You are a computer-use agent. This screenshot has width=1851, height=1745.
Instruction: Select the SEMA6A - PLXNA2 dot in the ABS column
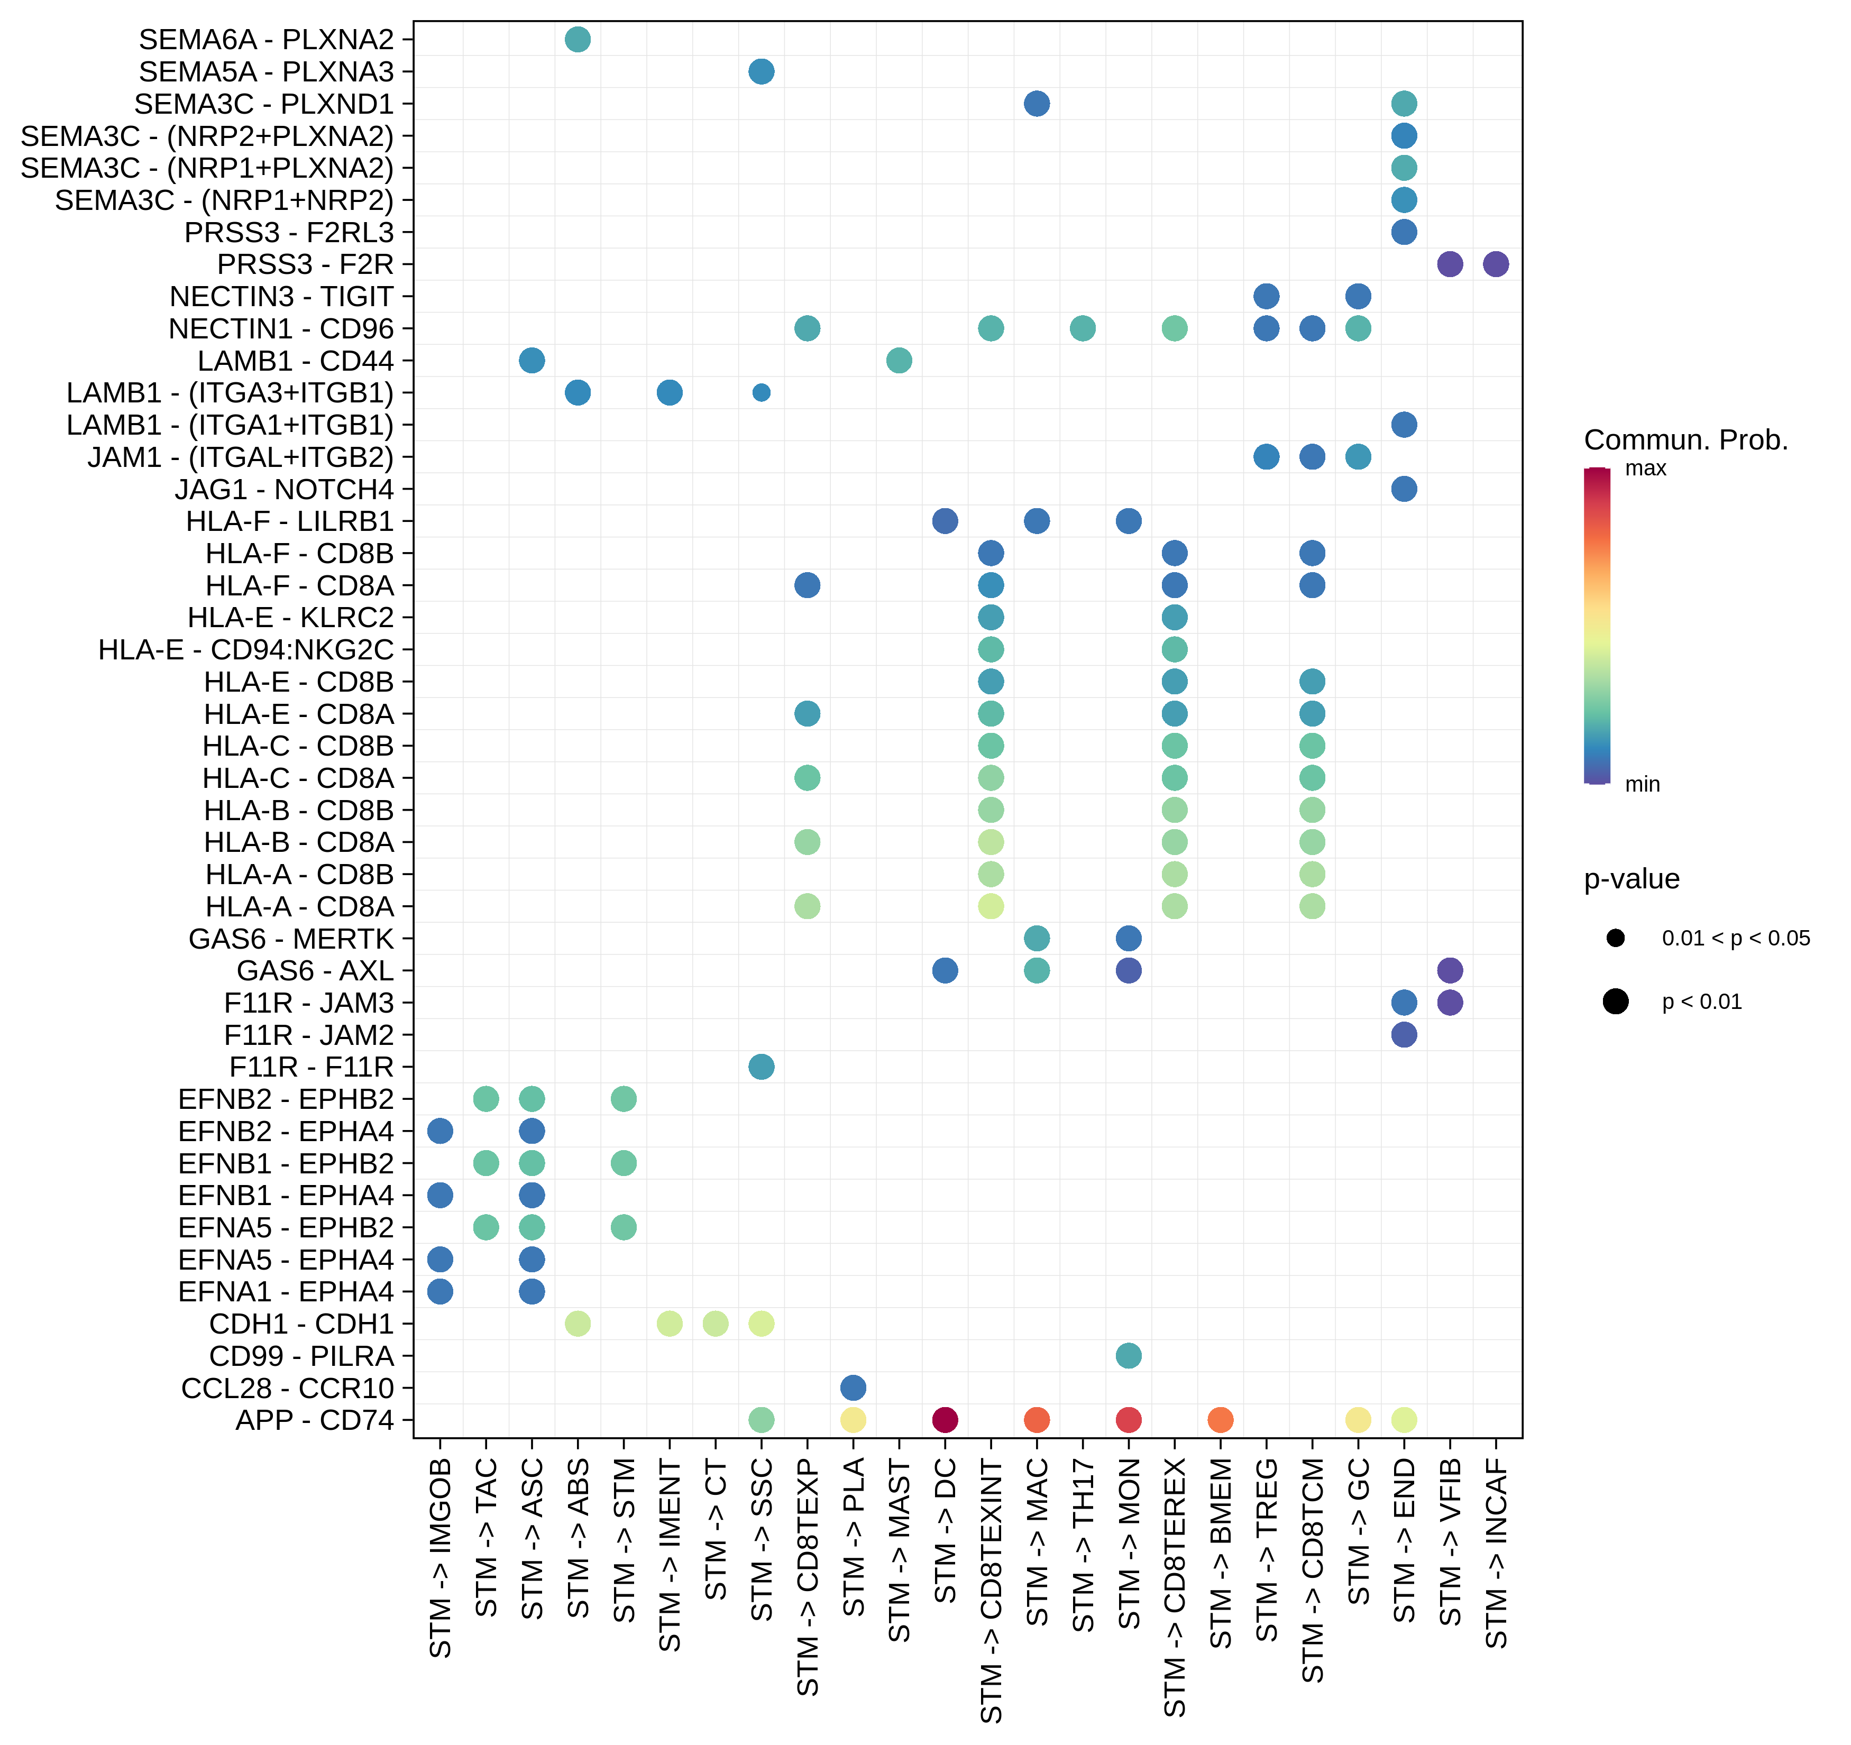pos(578,39)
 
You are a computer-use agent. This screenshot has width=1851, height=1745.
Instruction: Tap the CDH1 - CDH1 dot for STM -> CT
pos(715,1323)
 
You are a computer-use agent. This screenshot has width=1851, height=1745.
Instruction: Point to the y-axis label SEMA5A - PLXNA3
pos(267,72)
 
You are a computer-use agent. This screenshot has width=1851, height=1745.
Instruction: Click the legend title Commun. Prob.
pos(1685,439)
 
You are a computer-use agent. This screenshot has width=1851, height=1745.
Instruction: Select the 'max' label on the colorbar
pos(1645,469)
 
